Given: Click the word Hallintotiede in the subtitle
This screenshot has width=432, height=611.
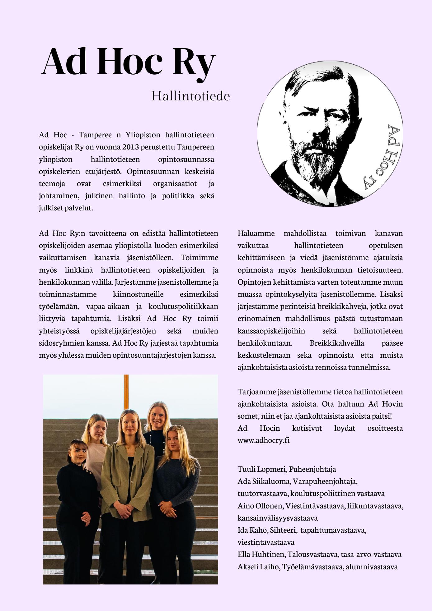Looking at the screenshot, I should click(190, 96).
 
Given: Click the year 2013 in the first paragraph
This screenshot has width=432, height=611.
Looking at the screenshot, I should click(130, 147).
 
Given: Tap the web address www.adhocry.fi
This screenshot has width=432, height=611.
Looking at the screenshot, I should click(263, 440).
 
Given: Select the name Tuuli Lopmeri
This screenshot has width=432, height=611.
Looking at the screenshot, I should click(262, 469).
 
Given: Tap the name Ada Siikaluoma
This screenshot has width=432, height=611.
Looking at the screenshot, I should click(263, 481).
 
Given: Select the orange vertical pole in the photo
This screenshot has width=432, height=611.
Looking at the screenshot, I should click(126, 392).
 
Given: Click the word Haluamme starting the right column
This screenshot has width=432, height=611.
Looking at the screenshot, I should click(256, 233).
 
